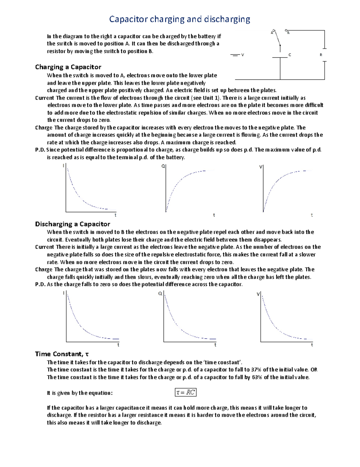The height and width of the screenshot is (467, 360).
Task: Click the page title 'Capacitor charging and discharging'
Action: pyautogui.click(x=179, y=19)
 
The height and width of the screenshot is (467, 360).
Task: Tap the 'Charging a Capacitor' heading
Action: pyautogui.click(x=68, y=67)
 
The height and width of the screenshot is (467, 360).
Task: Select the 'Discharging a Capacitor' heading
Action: pyautogui.click(x=73, y=224)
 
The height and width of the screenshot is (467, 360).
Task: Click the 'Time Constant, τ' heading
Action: pyautogui.click(x=62, y=354)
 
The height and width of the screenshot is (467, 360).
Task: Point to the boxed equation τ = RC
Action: pyautogui.click(x=186, y=392)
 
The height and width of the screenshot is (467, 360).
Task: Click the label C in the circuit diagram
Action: pyautogui.click(x=290, y=55)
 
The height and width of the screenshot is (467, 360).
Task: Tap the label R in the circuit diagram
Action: pyautogui.click(x=321, y=55)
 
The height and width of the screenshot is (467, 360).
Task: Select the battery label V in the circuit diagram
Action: pyautogui.click(x=242, y=55)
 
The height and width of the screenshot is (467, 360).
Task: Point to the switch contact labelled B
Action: pyautogui.click(x=287, y=31)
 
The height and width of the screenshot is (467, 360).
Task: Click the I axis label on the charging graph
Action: pyautogui.click(x=63, y=166)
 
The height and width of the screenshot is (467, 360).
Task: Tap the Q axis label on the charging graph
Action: pyautogui.click(x=163, y=166)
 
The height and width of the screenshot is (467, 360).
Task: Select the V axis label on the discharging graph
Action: pyautogui.click(x=258, y=294)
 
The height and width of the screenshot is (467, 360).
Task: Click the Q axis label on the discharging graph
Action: pyautogui.click(x=160, y=293)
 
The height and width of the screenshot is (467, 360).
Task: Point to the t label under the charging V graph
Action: pyautogui.click(x=312, y=215)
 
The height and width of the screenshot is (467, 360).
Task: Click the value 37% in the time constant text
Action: pyautogui.click(x=257, y=370)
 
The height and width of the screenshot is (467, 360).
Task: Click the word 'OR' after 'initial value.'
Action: pyautogui.click(x=314, y=370)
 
